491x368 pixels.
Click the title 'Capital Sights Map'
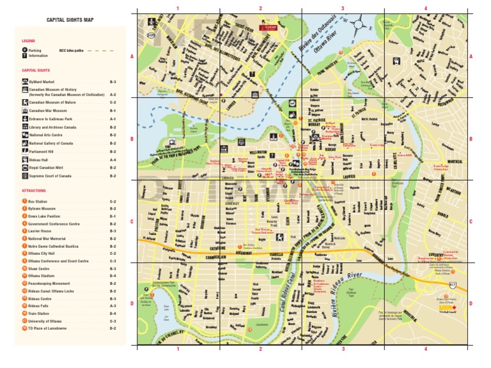click(70, 20)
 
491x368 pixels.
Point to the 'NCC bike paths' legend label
click(72, 50)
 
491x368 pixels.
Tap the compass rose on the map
click(359, 25)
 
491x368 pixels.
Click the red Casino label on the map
click(267, 27)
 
